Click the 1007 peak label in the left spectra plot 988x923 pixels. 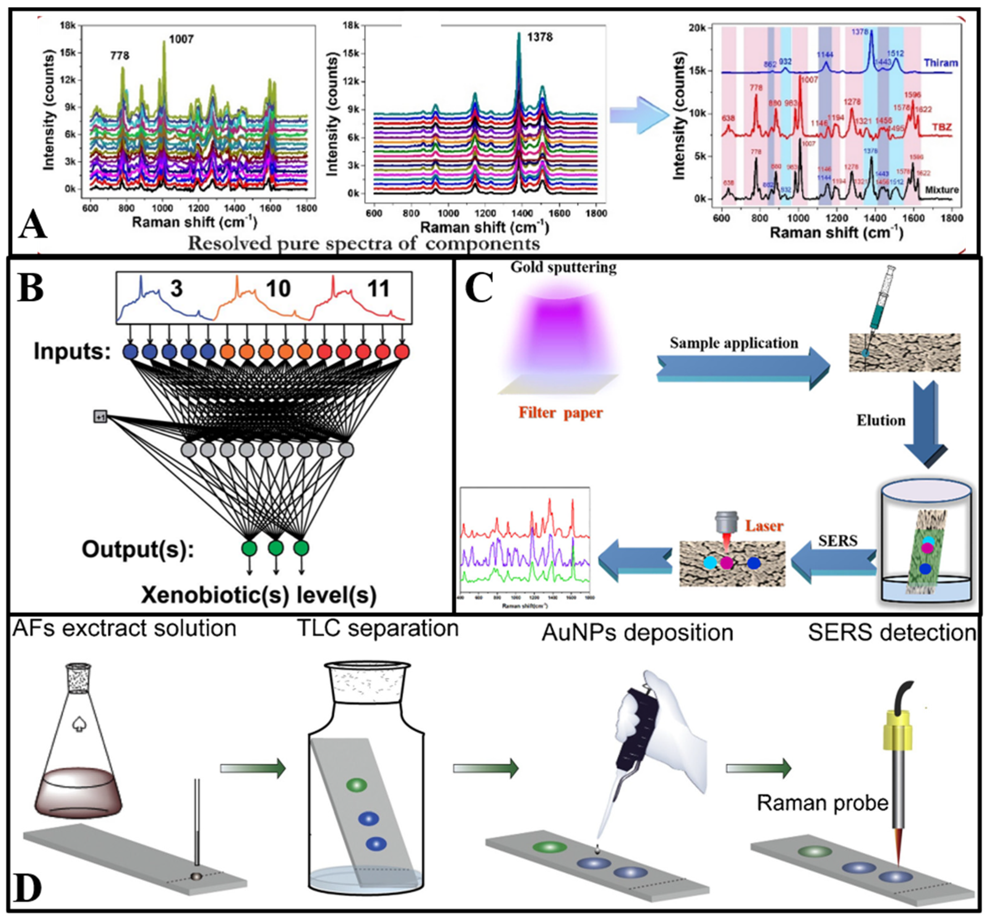point(181,39)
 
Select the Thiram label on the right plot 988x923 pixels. point(941,63)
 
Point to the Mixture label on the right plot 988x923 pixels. point(942,190)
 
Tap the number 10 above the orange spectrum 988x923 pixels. point(277,289)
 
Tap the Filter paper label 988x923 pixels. point(561,412)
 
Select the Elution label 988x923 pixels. point(881,421)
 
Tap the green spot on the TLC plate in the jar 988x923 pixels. point(356,785)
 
